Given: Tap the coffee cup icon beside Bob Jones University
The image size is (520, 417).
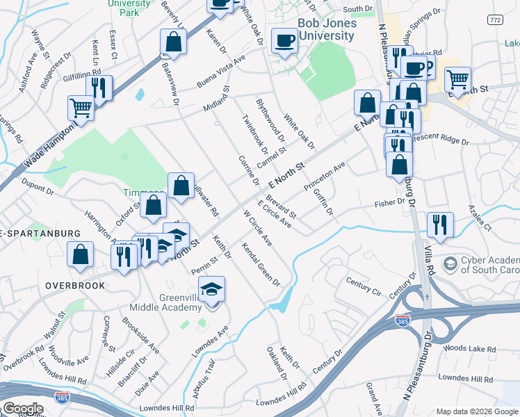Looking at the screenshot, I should [284, 41].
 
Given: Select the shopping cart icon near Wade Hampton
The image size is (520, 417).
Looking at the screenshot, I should [81, 108].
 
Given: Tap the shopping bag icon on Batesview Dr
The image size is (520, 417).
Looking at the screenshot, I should [173, 42].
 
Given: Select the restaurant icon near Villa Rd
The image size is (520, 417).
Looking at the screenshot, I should [440, 224].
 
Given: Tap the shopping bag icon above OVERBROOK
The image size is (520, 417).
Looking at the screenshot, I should [81, 255].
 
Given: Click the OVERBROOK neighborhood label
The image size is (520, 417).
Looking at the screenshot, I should [75, 286].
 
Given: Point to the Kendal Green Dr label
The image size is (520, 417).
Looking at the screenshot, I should [261, 265].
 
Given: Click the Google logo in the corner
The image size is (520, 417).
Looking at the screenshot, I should [22, 408].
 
